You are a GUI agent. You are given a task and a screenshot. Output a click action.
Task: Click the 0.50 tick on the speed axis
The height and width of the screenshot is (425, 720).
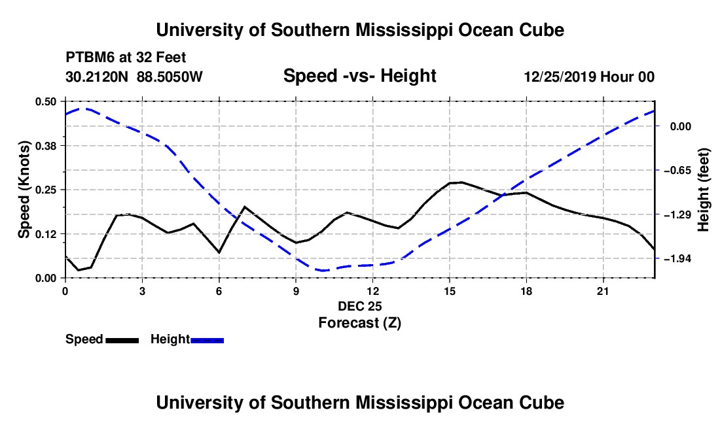click(x=45, y=101)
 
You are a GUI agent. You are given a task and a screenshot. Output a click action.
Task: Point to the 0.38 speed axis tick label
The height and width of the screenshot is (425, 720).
click(x=45, y=146)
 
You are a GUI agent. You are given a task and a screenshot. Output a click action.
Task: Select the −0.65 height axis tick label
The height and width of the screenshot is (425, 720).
click(x=677, y=171)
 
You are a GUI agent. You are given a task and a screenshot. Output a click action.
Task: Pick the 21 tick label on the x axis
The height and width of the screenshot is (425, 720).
click(x=603, y=291)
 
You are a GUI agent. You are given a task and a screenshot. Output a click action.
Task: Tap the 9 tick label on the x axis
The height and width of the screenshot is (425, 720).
click(x=296, y=291)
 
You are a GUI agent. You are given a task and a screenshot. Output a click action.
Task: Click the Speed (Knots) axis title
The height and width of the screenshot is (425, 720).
click(x=24, y=190)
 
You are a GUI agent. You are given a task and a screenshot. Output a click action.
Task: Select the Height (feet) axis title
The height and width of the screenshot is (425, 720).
click(x=703, y=190)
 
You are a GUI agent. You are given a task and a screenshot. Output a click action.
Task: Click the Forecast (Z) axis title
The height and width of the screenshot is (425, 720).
click(x=360, y=323)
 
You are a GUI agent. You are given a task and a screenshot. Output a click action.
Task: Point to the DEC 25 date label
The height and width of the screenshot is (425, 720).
click(x=360, y=306)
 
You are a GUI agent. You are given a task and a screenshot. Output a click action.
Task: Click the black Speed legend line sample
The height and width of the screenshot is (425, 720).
click(x=122, y=341)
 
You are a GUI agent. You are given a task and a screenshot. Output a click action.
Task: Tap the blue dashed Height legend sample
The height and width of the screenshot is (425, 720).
click(x=207, y=341)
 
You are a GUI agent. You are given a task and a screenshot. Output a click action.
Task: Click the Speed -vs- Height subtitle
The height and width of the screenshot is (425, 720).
click(x=360, y=76)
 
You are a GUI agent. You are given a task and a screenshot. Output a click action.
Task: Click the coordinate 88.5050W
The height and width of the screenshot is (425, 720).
click(x=170, y=77)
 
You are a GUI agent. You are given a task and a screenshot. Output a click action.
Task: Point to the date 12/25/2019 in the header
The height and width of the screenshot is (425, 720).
click(x=560, y=77)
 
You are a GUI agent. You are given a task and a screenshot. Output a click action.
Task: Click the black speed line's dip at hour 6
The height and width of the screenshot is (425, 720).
click(x=219, y=252)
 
